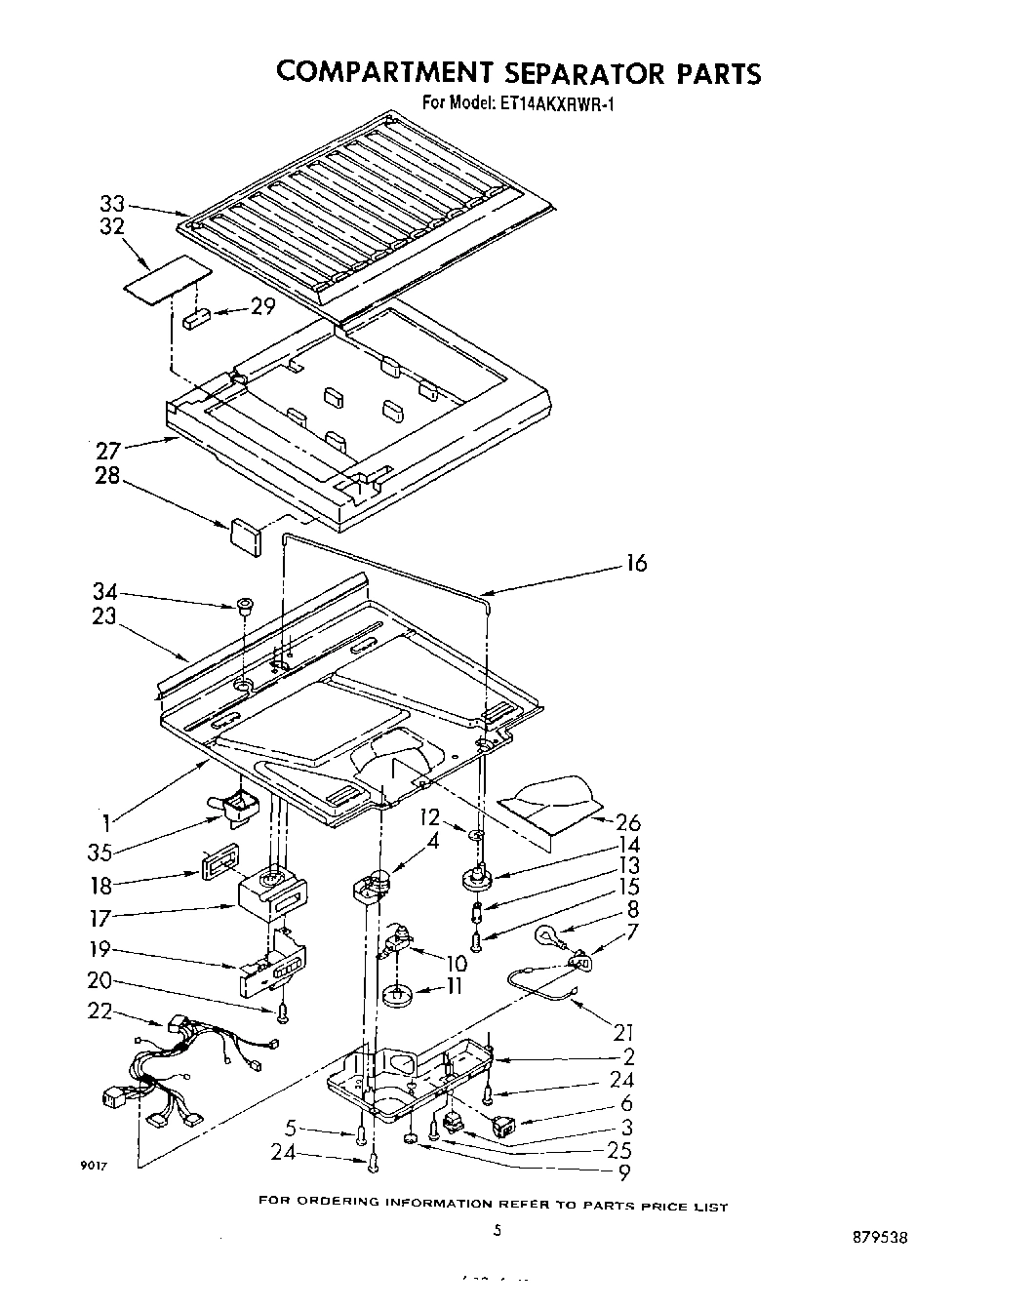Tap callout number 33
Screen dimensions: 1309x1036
click(x=113, y=204)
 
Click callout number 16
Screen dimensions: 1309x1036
click(x=635, y=564)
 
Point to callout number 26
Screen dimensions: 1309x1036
click(x=628, y=821)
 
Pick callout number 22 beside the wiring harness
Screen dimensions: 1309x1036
click(x=101, y=1011)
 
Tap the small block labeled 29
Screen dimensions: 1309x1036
click(x=197, y=318)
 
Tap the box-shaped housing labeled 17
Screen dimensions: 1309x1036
click(x=271, y=894)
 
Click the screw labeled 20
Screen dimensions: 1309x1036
click(x=283, y=1014)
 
